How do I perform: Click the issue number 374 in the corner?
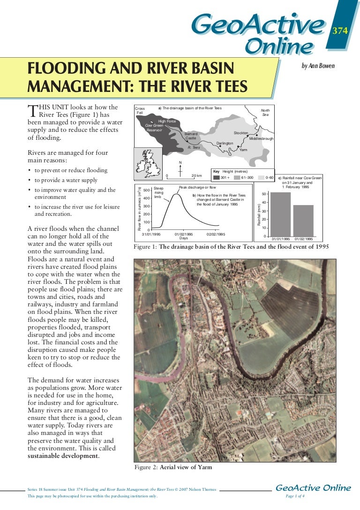pyautogui.click(x=339, y=31)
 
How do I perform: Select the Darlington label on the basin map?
pyautogui.click(x=225, y=143)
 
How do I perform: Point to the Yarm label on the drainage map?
pyautogui.click(x=243, y=150)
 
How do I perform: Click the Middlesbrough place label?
pyautogui.click(x=261, y=138)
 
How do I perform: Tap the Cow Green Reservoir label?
pyautogui.click(x=154, y=128)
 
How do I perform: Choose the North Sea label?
pyautogui.click(x=265, y=113)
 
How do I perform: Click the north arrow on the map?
pyautogui.click(x=180, y=169)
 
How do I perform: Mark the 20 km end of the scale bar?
pyautogui.click(x=197, y=176)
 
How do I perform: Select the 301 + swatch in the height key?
pyautogui.click(x=216, y=178)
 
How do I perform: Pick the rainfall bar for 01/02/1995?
pyautogui.click(x=303, y=220)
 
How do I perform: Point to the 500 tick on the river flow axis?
pyautogui.click(x=147, y=190)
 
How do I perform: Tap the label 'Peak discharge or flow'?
pyautogui.click(x=197, y=187)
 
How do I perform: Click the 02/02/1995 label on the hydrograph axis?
pyautogui.click(x=216, y=234)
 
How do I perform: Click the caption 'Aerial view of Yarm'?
pyautogui.click(x=186, y=467)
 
